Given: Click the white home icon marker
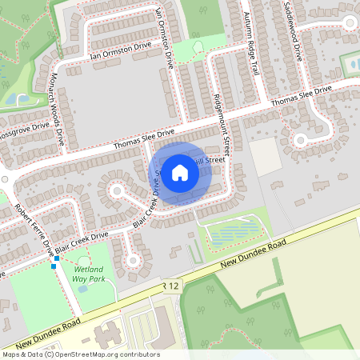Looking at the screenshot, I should pyautogui.click(x=180, y=172).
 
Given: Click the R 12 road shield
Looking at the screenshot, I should pyautogui.click(x=167, y=286).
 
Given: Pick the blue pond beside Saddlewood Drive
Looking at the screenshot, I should pyautogui.click(x=350, y=62).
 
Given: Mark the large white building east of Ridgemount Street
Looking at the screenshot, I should pyautogui.click(x=266, y=157).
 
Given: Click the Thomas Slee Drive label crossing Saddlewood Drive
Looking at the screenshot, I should pyautogui.click(x=301, y=98).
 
